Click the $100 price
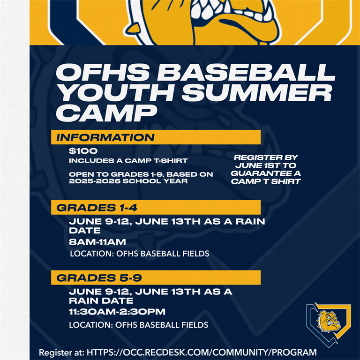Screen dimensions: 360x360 coord(83,151)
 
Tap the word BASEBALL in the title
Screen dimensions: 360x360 coord(246,72)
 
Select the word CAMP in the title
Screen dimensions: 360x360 coord(106,113)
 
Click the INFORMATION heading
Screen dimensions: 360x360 coord(105,137)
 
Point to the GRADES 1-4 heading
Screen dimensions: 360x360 coord(97,208)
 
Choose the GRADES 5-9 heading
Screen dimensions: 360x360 coord(99,278)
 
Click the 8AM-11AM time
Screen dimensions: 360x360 coord(97,242)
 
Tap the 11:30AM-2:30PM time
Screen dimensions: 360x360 coord(117,312)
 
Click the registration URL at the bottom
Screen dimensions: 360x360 coord(202,352)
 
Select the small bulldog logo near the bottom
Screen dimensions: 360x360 coord(328,324)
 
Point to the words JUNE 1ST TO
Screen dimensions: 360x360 coord(266,165)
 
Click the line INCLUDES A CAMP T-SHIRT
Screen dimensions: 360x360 coord(128,160)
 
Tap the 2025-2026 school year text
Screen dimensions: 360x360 coord(128,181)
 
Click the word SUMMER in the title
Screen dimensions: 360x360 coord(257,92)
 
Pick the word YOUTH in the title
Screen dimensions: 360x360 coord(116,92)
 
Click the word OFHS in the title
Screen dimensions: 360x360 coord(103,72)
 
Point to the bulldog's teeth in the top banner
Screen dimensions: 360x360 coord(230,11)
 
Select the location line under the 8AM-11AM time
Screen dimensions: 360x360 coord(140,254)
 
